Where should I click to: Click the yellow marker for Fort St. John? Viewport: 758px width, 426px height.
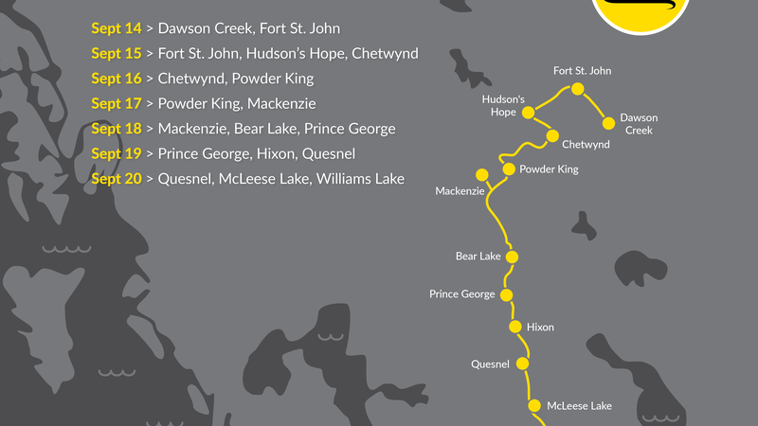[577, 90]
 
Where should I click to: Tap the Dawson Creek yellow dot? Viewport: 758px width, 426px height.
[607, 123]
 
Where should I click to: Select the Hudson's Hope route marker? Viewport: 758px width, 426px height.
[528, 114]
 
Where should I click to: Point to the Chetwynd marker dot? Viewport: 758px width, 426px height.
[552, 135]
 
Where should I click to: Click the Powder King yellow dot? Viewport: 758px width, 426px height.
[509, 169]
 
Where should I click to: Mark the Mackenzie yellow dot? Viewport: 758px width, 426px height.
[481, 174]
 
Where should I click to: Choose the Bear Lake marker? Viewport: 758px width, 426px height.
[512, 257]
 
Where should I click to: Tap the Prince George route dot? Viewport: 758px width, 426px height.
[507, 295]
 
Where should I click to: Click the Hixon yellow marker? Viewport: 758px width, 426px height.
[515, 328]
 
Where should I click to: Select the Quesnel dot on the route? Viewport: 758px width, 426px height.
[521, 364]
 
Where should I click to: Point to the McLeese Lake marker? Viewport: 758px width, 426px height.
[534, 405]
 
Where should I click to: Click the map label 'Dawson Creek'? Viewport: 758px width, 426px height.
[639, 124]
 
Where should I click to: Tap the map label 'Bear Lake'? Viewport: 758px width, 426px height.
[478, 257]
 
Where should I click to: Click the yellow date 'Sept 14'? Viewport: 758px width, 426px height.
[116, 29]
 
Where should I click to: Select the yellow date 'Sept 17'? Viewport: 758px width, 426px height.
[116, 104]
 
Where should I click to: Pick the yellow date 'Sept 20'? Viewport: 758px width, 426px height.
[116, 179]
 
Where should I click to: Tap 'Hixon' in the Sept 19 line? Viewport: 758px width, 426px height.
[276, 153]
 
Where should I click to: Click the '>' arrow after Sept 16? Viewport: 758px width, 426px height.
[150, 80]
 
